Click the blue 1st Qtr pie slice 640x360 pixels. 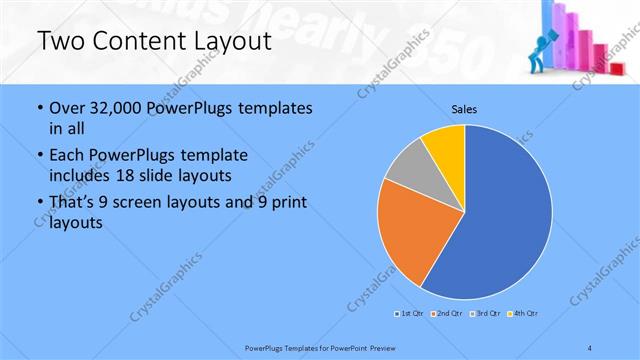(505, 225)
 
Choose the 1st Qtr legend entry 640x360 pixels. (409, 314)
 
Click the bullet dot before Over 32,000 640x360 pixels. (38, 108)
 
